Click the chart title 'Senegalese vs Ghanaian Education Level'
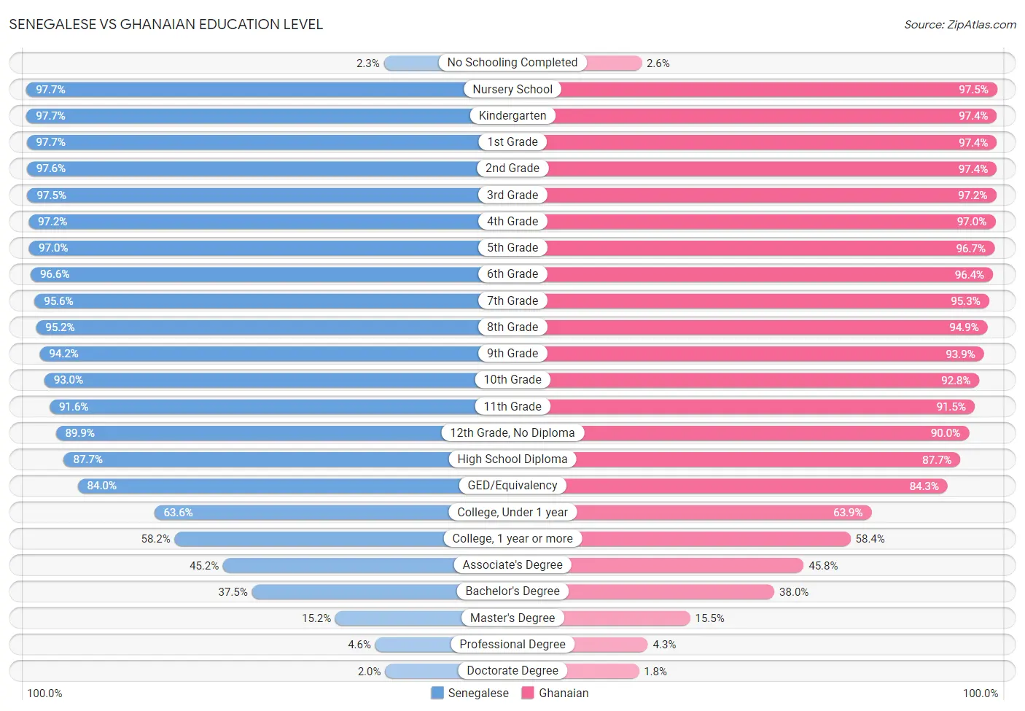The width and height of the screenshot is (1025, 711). (x=166, y=24)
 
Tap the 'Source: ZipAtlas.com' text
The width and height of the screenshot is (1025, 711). (x=959, y=25)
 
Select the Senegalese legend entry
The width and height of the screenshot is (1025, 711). (x=470, y=693)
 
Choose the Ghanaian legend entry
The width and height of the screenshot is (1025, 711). (x=556, y=693)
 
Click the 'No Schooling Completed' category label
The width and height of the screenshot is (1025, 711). (x=512, y=63)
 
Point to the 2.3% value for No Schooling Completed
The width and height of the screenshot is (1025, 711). (x=367, y=63)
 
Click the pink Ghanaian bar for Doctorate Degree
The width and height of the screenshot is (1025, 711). (x=602, y=671)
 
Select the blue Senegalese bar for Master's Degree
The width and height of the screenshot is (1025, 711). (x=398, y=618)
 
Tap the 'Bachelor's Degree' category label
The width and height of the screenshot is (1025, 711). (x=512, y=591)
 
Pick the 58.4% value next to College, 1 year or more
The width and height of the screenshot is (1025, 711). (x=870, y=539)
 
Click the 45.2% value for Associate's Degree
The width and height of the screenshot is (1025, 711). (x=204, y=566)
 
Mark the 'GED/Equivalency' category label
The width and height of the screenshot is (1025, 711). (x=512, y=486)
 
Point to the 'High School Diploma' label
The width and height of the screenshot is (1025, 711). (x=512, y=459)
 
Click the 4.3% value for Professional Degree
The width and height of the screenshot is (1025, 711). (x=664, y=645)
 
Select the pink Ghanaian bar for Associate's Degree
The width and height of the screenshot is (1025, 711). (x=685, y=565)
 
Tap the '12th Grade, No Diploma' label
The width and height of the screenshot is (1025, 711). (x=512, y=433)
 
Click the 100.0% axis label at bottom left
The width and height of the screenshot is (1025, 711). (x=44, y=693)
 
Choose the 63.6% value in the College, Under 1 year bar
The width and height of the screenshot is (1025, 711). (x=178, y=513)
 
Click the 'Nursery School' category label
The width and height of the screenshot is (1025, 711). (x=512, y=90)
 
